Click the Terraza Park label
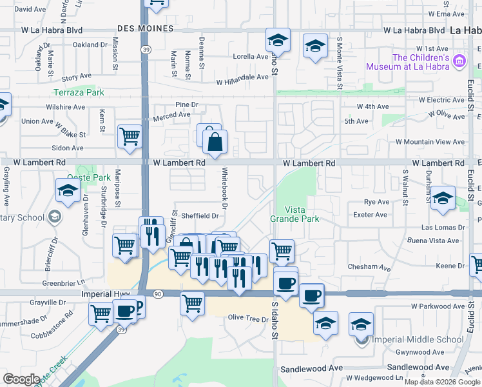pyautogui.click(x=79, y=92)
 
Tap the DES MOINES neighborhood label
pyautogui.click(x=146, y=29)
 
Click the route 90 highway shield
pyautogui.click(x=158, y=293)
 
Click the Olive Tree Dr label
pyautogui.click(x=248, y=319)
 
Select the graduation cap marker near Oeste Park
pyautogui.click(x=67, y=190)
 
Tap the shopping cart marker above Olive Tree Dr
pyautogui.click(x=192, y=302)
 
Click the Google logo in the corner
pyautogui.click(x=21, y=379)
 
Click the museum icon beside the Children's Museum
pyautogui.click(x=459, y=62)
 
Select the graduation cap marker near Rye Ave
pyautogui.click(x=443, y=198)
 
